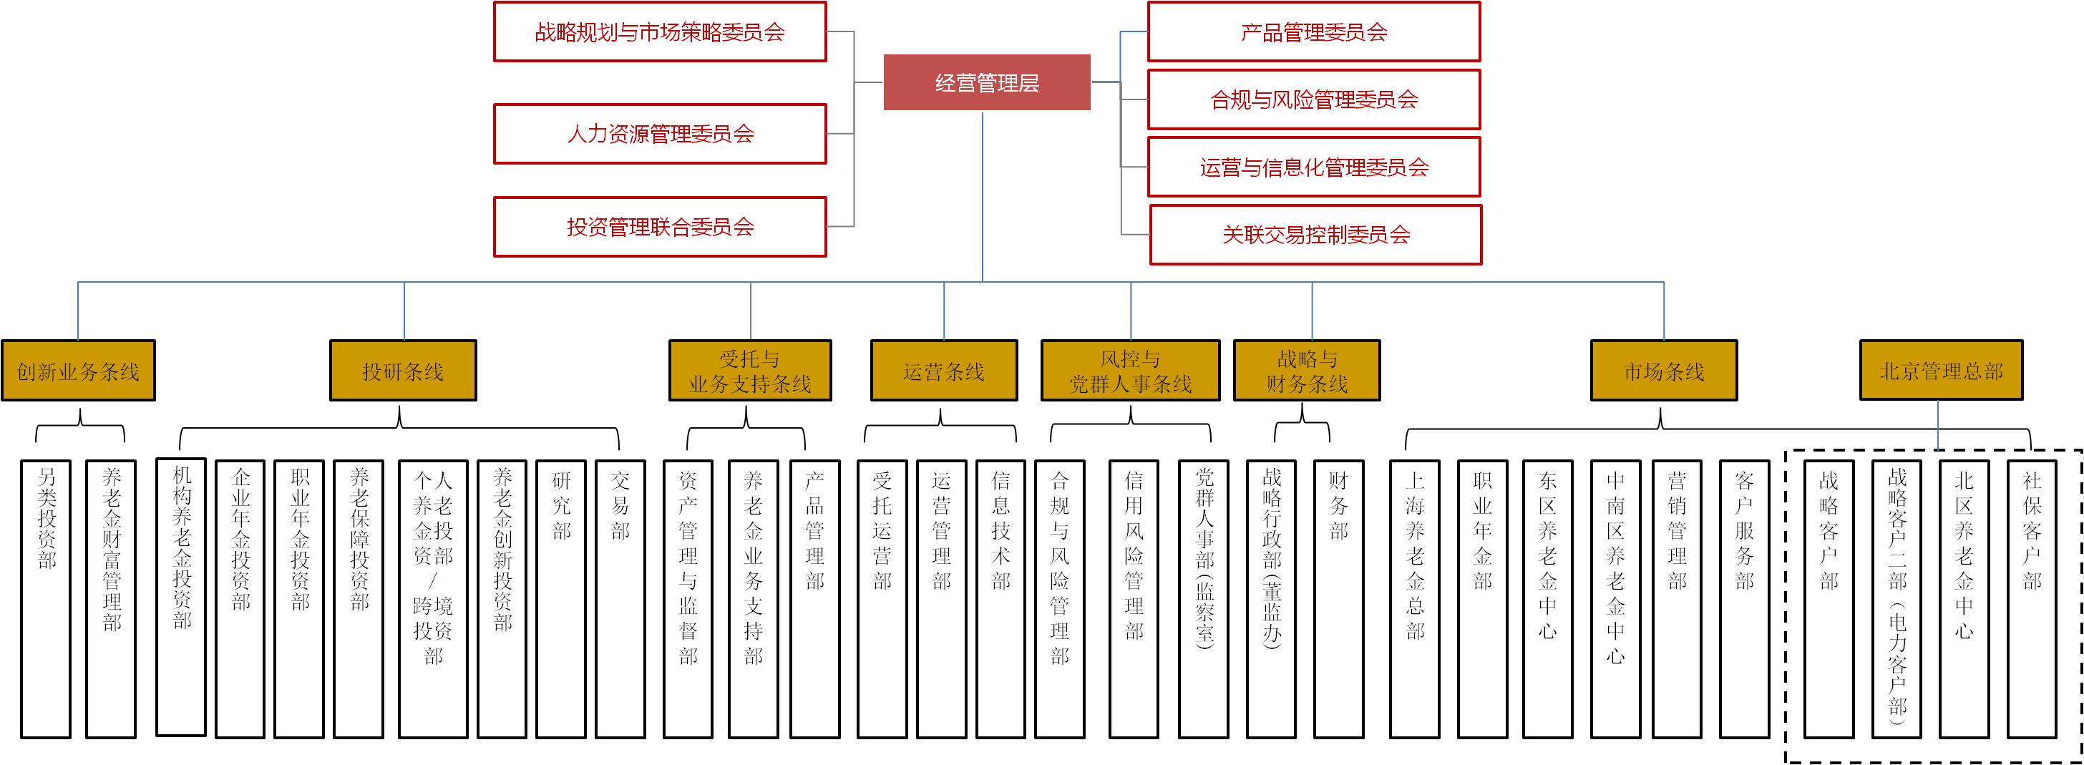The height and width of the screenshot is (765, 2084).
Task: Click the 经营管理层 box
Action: point(986,82)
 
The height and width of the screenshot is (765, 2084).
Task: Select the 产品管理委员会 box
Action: point(1313,32)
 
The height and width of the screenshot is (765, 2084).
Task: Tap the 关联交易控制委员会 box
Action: point(1315,235)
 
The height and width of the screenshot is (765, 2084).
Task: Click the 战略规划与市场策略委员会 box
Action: point(660,32)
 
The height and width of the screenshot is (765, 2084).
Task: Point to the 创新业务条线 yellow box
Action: point(79,371)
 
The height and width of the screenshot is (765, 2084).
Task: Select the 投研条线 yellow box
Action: point(403,371)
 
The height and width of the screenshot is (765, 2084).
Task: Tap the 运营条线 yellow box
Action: point(943,371)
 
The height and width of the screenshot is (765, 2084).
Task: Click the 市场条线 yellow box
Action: point(1663,371)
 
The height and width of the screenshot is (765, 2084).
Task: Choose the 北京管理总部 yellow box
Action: point(1941,371)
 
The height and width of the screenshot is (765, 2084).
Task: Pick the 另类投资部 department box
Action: point(46,598)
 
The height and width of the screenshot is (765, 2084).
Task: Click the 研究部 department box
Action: point(560,598)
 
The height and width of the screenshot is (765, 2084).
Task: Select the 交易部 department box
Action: point(620,598)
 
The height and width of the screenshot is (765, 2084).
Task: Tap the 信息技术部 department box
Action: point(1000,598)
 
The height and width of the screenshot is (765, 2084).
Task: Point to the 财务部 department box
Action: point(1338,598)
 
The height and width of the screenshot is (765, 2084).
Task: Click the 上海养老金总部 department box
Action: point(1414,598)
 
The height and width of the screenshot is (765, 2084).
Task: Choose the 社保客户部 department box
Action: point(2032,598)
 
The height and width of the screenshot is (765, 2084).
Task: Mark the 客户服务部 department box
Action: point(1744,598)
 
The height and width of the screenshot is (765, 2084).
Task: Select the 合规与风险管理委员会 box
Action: point(1313,99)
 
